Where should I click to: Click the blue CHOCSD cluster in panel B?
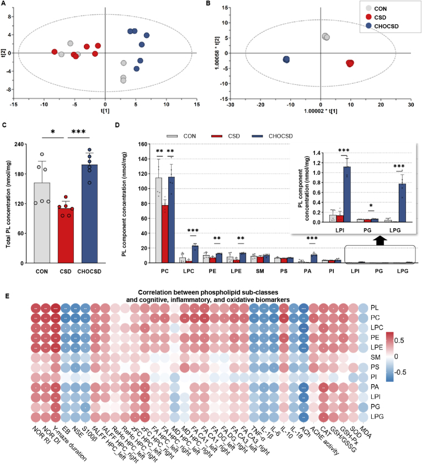pyautogui.click(x=286, y=60)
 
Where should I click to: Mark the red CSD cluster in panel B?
pyautogui.click(x=350, y=63)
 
